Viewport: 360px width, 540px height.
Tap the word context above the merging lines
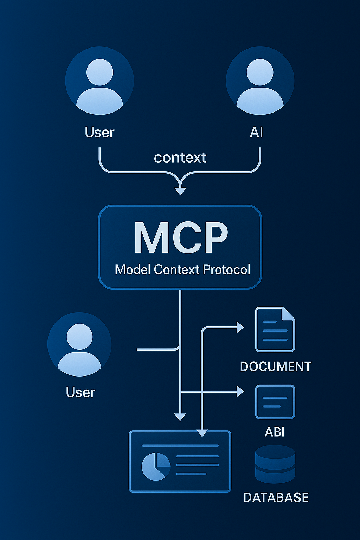(x=180, y=157)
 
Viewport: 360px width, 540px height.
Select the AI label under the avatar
(x=256, y=133)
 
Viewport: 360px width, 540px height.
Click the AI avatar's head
(x=260, y=72)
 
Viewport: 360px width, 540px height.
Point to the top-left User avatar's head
(x=99, y=72)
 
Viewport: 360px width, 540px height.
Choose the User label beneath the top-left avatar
(x=99, y=133)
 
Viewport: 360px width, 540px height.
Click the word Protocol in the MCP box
(x=226, y=270)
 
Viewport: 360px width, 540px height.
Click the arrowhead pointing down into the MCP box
(x=180, y=191)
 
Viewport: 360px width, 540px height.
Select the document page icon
(x=275, y=329)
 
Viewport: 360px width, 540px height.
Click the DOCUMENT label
(x=276, y=367)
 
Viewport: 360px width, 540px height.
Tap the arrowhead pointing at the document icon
(x=240, y=327)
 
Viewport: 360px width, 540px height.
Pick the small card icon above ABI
(x=275, y=402)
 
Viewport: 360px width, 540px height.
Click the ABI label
(x=275, y=432)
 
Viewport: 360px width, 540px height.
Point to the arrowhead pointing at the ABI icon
(x=240, y=391)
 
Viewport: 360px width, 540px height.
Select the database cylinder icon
(x=275, y=464)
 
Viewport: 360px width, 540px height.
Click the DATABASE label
(x=276, y=497)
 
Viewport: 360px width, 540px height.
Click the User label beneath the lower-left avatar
(x=81, y=392)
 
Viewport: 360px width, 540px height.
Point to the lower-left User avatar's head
(x=79, y=336)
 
